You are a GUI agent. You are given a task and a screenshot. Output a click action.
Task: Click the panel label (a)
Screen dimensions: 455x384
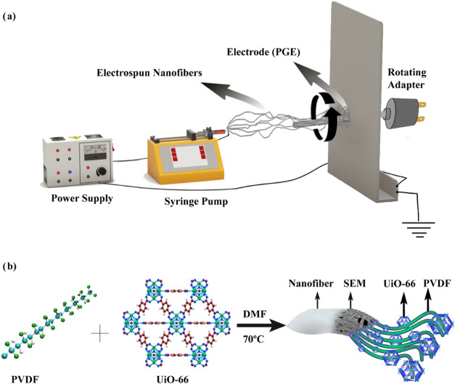(x=9, y=17)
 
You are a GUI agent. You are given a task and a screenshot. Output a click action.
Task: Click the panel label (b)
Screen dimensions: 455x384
(x=9, y=266)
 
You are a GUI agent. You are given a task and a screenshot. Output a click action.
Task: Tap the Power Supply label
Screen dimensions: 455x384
(x=82, y=198)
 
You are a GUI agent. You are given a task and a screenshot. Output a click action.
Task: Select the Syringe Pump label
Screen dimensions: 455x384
(x=196, y=201)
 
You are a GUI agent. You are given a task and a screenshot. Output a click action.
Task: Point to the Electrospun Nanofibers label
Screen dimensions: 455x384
(x=149, y=73)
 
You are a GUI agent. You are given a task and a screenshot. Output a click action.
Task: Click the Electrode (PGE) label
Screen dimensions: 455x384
(x=263, y=52)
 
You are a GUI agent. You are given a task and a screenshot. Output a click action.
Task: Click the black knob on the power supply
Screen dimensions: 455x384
(x=102, y=171)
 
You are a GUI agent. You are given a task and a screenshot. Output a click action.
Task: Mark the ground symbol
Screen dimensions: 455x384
(x=419, y=229)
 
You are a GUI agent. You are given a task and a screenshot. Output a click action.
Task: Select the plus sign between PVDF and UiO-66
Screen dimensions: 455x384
(x=100, y=332)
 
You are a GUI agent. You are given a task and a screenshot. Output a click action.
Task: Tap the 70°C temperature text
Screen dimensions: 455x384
(x=253, y=339)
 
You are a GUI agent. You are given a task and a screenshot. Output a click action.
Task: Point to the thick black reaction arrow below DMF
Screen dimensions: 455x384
(x=261, y=326)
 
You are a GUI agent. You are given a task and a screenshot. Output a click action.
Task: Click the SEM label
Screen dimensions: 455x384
(x=355, y=283)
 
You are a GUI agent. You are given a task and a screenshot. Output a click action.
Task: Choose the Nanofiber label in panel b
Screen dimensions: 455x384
(x=311, y=283)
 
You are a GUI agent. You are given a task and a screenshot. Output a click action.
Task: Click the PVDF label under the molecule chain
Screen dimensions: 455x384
(x=25, y=379)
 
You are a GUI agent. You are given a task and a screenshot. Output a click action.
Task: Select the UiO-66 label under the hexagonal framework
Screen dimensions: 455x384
(x=173, y=379)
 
